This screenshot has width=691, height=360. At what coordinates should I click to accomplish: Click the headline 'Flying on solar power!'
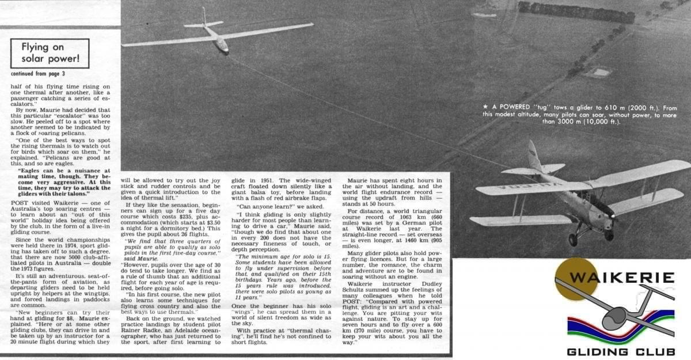coord(50,53)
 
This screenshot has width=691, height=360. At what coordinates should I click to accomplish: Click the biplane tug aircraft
coord(576,190)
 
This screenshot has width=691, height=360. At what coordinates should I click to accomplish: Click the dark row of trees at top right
coord(576,12)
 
